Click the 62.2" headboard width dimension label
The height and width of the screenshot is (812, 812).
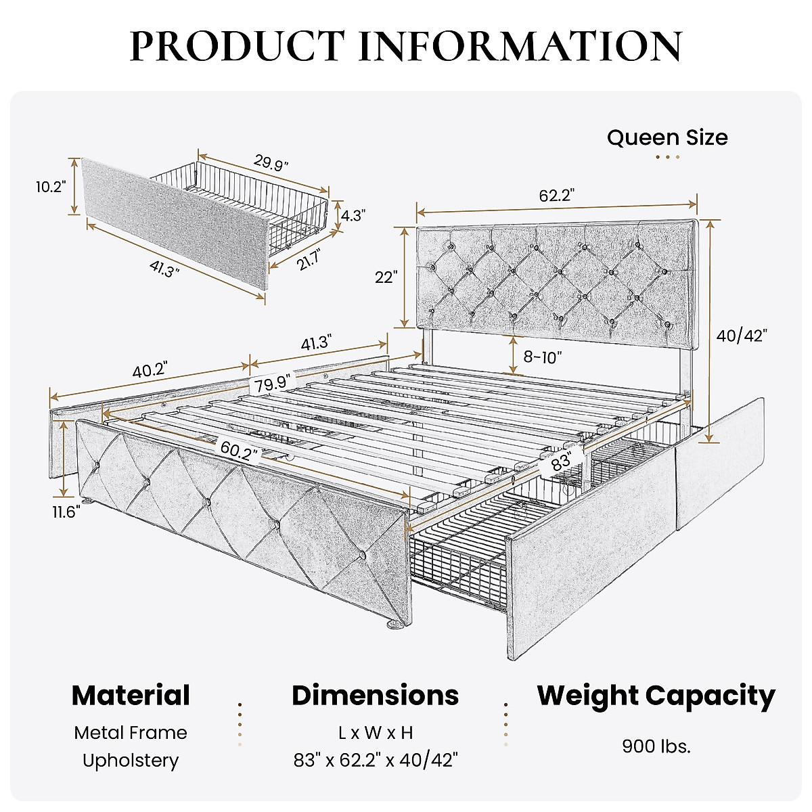[556, 196]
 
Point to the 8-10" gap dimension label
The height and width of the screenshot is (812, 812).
[542, 357]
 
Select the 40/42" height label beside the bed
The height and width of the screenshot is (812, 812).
[742, 336]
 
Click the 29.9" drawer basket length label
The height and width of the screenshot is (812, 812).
[271, 163]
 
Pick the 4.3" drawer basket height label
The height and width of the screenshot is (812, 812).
[353, 216]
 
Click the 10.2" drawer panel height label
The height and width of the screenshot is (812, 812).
[51, 187]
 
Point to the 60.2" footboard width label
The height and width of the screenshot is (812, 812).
[239, 449]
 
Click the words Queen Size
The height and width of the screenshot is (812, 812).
[667, 137]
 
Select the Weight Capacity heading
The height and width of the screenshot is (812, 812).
[656, 696]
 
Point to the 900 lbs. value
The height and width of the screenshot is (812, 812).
[656, 746]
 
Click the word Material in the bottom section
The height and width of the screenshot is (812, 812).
[131, 696]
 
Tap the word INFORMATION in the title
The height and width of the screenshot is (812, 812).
[520, 46]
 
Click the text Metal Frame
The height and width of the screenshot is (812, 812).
[131, 733]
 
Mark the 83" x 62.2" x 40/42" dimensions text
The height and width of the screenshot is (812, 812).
[376, 760]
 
